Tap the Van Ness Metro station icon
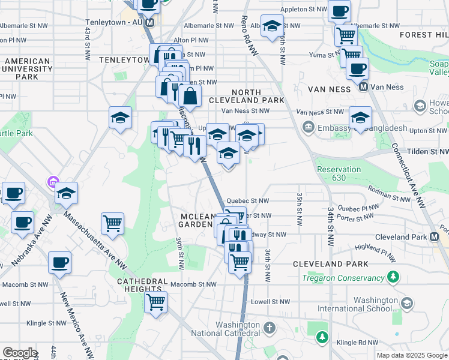pyautogui.click(x=363, y=86)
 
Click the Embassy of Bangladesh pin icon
pyautogui.click(x=309, y=127)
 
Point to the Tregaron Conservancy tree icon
pyautogui.click(x=393, y=277)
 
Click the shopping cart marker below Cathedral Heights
pyautogui.click(x=155, y=301)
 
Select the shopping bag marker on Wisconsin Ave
pyautogui.click(x=190, y=95)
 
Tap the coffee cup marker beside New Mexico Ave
pyautogui.click(x=59, y=262)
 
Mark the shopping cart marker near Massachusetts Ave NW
pyautogui.click(x=112, y=223)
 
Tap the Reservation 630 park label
pyautogui.click(x=339, y=173)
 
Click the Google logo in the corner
pyautogui.click(x=20, y=353)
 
